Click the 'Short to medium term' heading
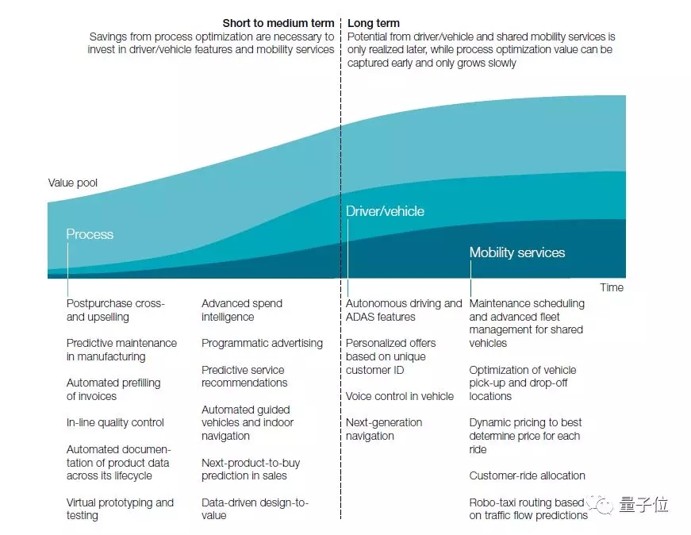tap(278, 24)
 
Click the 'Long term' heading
tap(374, 24)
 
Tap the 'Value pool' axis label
tap(73, 183)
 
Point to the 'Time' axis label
tap(612, 287)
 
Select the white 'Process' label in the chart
tap(90, 234)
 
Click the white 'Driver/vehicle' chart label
tap(385, 211)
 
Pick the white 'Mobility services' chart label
tap(517, 252)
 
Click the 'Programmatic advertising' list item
tap(262, 343)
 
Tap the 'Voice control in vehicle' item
tap(400, 396)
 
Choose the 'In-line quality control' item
tap(115, 422)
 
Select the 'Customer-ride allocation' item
tap(527, 475)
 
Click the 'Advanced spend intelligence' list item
tap(241, 310)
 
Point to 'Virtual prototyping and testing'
tap(120, 509)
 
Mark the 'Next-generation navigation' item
tap(384, 429)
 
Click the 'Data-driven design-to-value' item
tap(255, 509)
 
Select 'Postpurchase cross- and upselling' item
tap(115, 310)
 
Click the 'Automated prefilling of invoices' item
tap(113, 390)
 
